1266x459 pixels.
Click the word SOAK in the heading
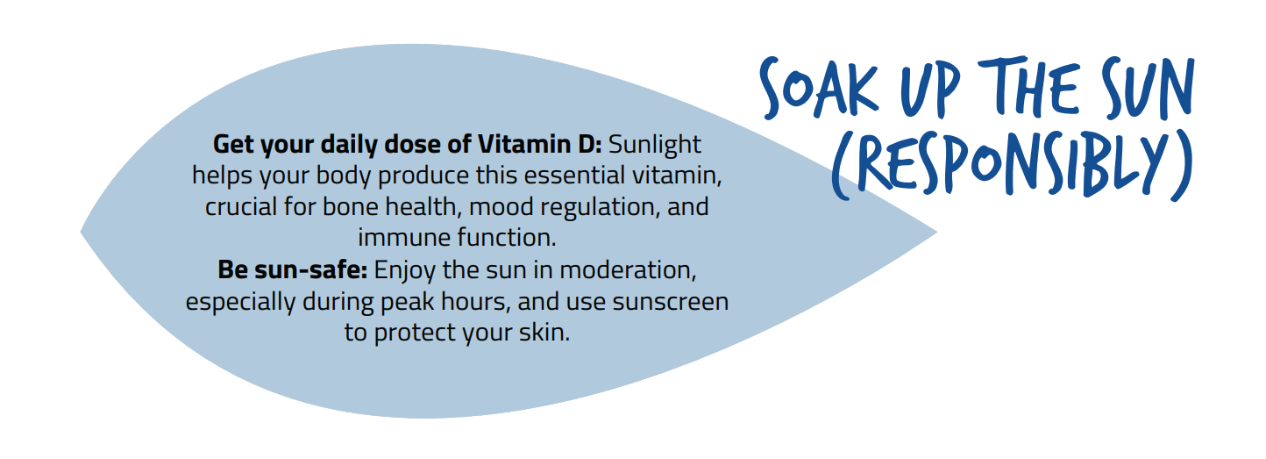(819, 90)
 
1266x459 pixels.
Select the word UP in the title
(929, 90)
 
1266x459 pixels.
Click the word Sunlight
(654, 144)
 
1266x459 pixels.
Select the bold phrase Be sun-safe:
(293, 270)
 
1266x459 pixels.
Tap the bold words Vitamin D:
(540, 144)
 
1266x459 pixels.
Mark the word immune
(404, 238)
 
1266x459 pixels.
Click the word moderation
(628, 270)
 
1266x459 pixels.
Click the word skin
(544, 333)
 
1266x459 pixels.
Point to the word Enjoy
(405, 271)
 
